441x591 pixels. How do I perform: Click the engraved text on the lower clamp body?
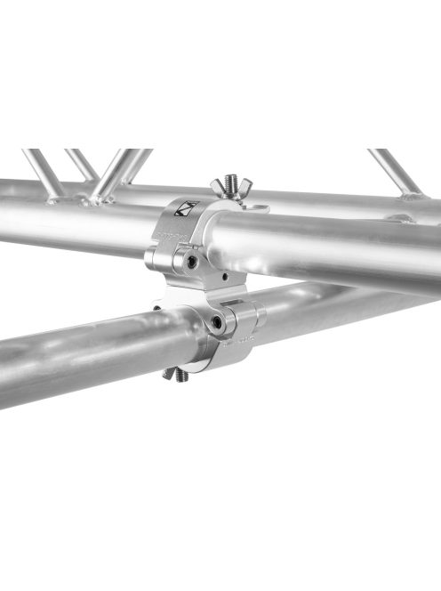pos(244,340)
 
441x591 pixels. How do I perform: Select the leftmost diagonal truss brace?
pos(42,172)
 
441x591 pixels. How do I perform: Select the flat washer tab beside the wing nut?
pos(256,208)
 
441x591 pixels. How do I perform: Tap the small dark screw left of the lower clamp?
pos(156,310)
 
